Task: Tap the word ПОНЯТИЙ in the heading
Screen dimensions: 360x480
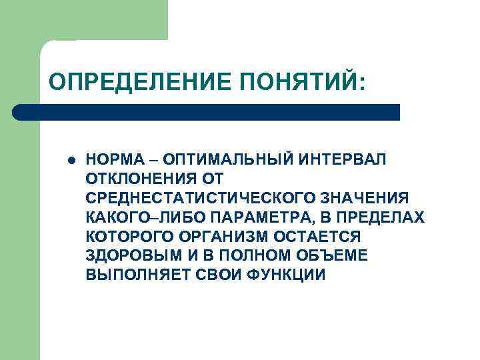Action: tap(301, 82)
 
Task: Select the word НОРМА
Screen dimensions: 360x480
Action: tap(111, 160)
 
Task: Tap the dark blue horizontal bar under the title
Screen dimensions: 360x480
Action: tap(207, 112)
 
